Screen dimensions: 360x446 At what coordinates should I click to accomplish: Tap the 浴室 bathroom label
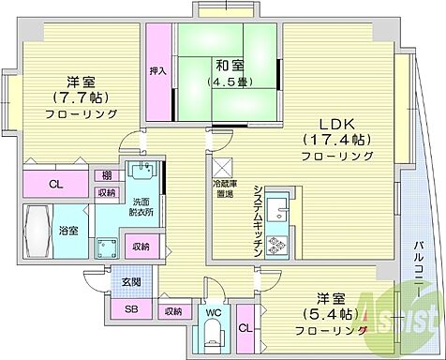click(69, 229)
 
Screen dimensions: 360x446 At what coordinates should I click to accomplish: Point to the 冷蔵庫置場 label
click(222, 188)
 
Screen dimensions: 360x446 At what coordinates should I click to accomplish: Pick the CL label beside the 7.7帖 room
click(55, 185)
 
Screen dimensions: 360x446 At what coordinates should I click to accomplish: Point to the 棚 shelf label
click(109, 174)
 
